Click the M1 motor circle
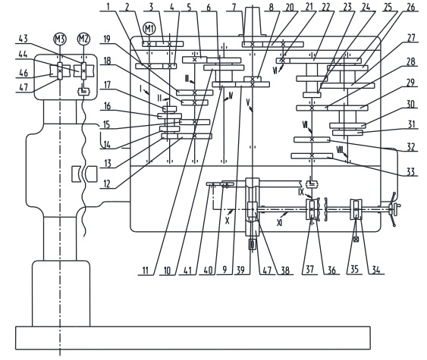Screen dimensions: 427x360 pos(149,29)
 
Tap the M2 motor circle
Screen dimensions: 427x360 pos(83,39)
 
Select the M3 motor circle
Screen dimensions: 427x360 pos(60,39)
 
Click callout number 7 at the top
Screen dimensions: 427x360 pos(234,7)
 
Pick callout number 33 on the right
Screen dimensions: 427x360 pos(410,171)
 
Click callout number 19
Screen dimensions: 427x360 pos(107,39)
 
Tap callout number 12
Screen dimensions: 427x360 pos(107,184)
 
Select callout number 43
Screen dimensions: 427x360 pos(24,39)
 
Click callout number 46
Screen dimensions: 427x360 pos(24,73)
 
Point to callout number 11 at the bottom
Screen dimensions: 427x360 pos(146,271)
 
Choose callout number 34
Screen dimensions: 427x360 pos(375,270)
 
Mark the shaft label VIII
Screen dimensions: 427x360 pos(340,149)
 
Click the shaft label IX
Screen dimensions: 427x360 pos(301,192)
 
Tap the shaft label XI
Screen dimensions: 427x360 pos(279,223)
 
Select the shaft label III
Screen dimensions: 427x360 pos(187,79)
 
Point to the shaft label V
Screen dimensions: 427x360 pos(248,102)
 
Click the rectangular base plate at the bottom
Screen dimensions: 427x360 pos(193,337)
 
